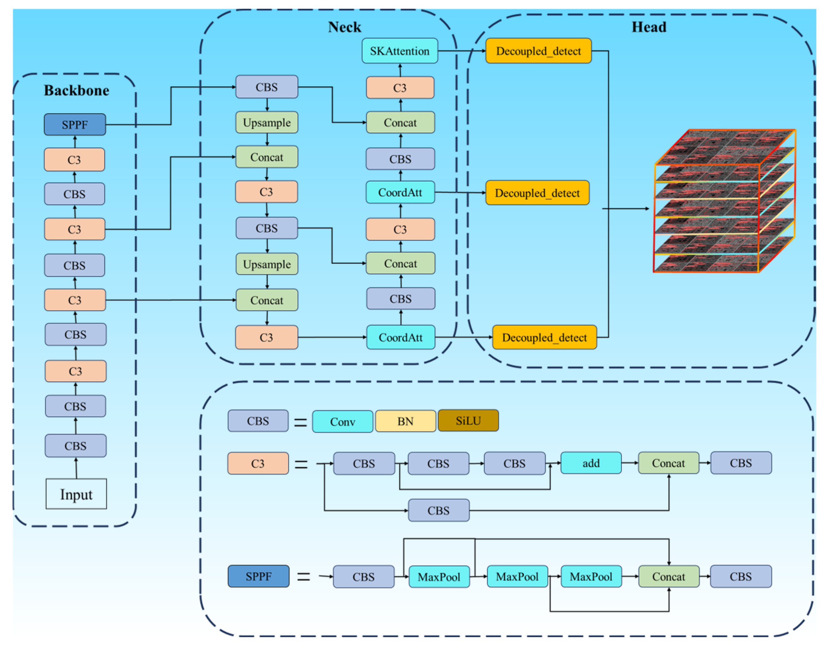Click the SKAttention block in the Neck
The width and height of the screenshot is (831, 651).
click(x=400, y=51)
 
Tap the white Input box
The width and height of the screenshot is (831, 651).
click(x=76, y=494)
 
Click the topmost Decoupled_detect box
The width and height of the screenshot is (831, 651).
click(x=538, y=51)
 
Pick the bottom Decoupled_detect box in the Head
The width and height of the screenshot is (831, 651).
click(x=544, y=337)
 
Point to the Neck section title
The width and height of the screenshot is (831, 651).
click(x=344, y=27)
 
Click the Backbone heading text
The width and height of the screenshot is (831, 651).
click(x=77, y=90)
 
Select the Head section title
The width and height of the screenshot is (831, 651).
click(x=649, y=27)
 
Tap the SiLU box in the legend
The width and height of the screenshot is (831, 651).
click(x=468, y=421)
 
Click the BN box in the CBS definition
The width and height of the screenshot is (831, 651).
click(x=405, y=421)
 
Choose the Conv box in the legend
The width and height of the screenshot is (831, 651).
click(x=342, y=421)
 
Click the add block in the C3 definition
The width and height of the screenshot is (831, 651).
click(x=591, y=463)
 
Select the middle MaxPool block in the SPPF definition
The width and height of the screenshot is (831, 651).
click(x=517, y=577)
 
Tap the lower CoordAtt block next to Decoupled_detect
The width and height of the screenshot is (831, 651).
click(x=401, y=337)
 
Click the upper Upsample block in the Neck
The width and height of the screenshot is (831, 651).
click(x=267, y=122)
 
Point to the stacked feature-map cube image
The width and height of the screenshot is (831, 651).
click(x=724, y=201)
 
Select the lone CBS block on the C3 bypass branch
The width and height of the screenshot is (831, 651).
click(x=439, y=510)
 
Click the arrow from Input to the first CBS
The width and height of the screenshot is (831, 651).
click(x=76, y=468)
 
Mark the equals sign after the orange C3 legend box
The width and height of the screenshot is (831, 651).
click(x=301, y=464)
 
